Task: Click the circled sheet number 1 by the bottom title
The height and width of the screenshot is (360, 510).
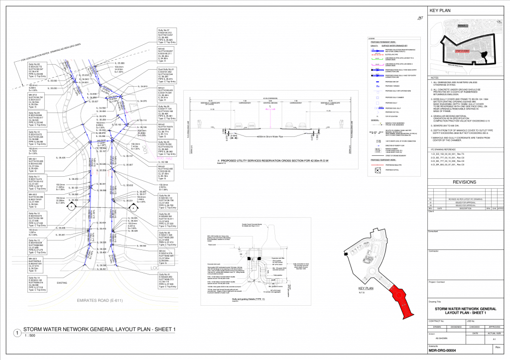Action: (17, 333)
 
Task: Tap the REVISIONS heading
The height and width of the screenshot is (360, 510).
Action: (466, 182)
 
